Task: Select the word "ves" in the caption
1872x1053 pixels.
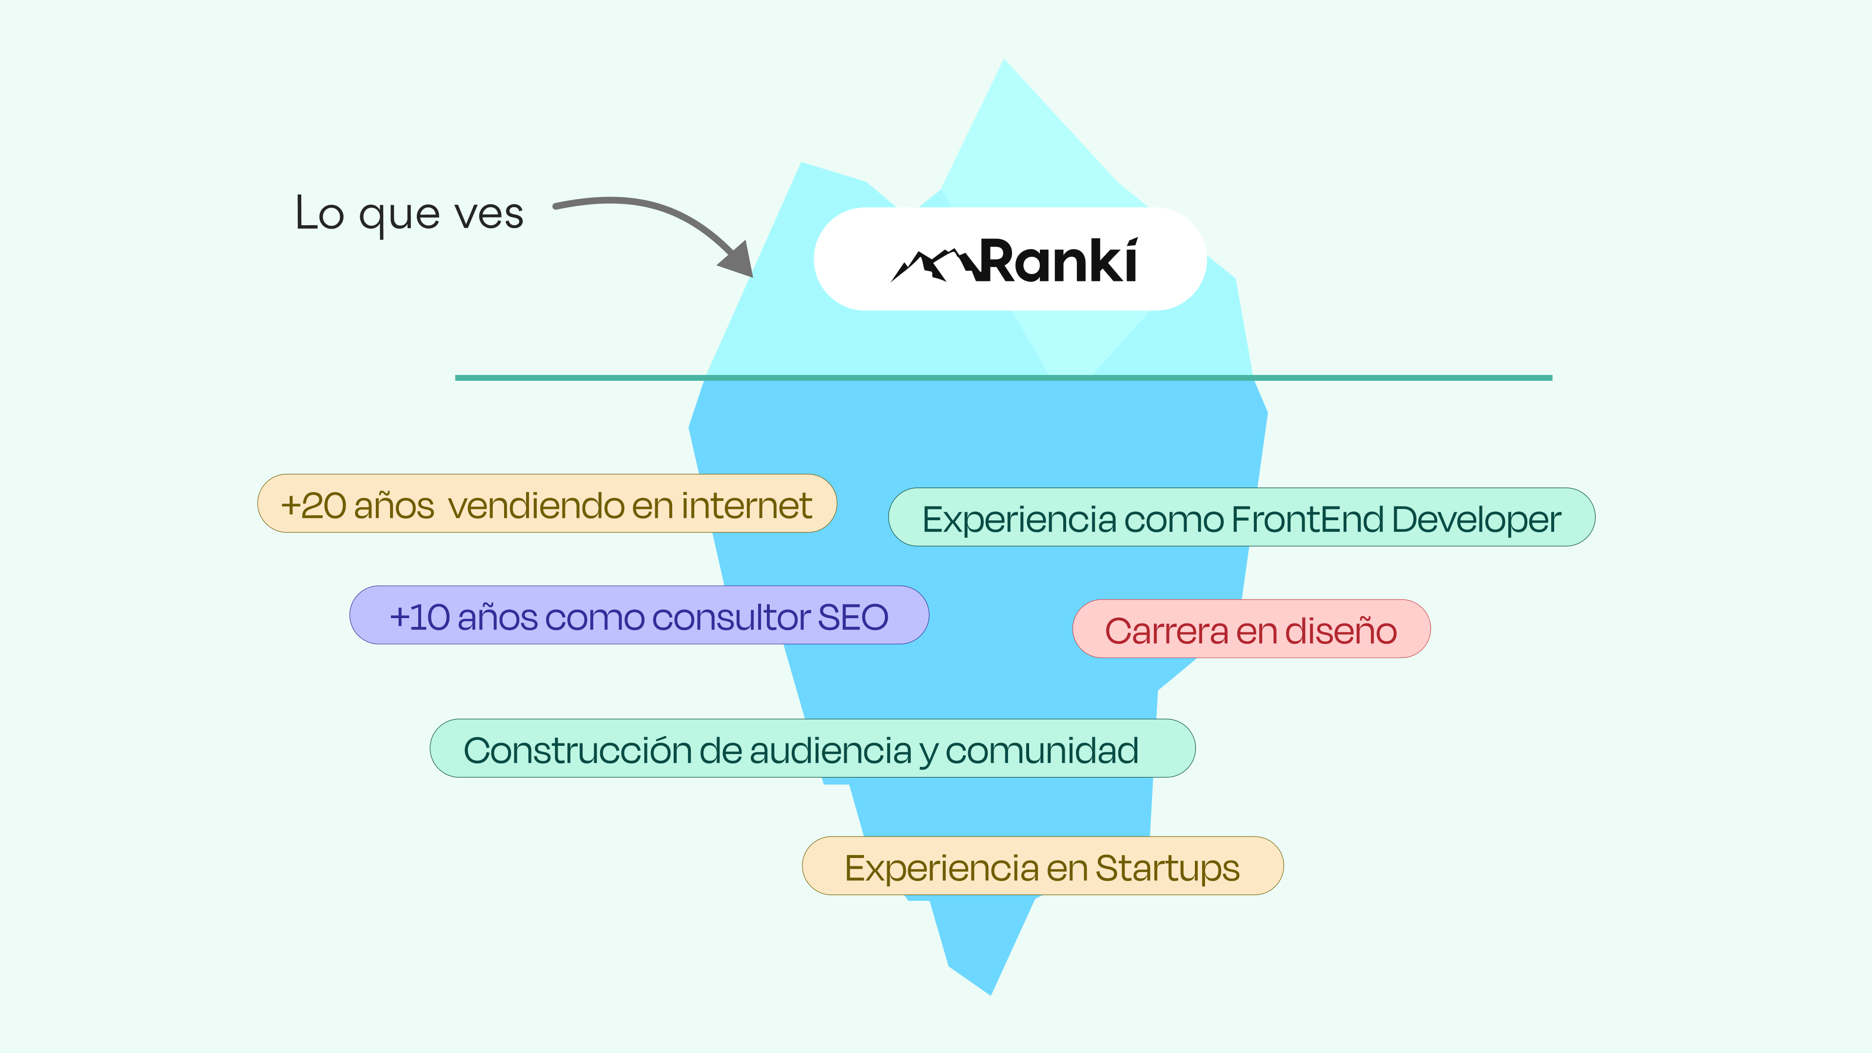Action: click(x=488, y=215)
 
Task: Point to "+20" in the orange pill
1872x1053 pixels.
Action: click(x=313, y=506)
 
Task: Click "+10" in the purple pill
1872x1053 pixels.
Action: click(x=419, y=618)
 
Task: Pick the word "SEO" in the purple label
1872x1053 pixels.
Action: click(x=853, y=618)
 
